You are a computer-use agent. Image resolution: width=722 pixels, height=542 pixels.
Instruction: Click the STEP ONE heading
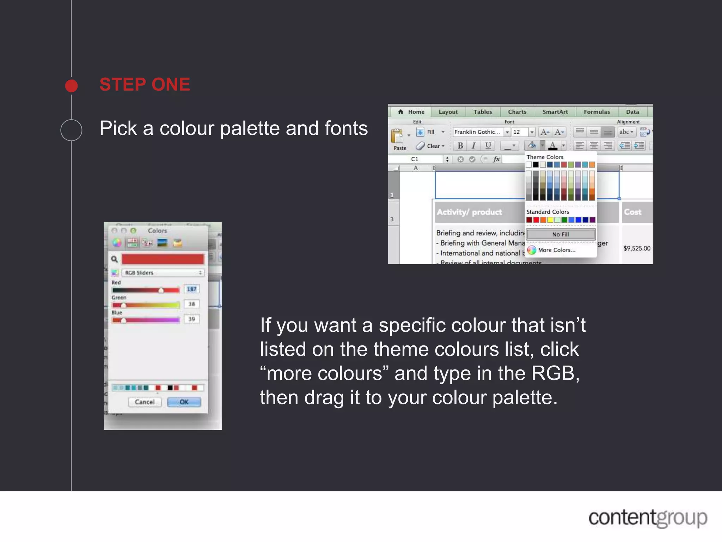point(145,85)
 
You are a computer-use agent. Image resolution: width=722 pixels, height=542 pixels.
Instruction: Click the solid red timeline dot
point(72,86)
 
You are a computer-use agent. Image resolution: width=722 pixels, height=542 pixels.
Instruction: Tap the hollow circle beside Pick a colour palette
point(72,130)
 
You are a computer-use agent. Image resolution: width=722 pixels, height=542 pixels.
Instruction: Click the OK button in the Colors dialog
point(184,402)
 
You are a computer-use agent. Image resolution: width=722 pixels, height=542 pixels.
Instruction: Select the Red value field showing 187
point(191,289)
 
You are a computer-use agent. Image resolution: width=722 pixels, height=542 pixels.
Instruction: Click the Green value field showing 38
point(191,304)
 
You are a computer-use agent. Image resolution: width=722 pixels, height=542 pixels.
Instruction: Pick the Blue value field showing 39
point(191,319)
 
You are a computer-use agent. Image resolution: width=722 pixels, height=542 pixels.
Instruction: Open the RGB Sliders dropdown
point(163,273)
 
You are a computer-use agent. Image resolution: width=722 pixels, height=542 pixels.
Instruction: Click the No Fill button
point(561,234)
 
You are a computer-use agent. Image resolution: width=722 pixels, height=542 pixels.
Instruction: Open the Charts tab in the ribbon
point(517,112)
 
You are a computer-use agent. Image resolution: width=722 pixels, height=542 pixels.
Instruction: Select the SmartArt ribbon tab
point(555,112)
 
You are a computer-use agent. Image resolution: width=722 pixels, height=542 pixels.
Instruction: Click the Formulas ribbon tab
point(596,112)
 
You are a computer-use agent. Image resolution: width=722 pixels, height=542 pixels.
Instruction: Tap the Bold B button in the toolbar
point(460,146)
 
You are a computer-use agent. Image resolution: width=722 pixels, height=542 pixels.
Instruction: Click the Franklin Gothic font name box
point(477,132)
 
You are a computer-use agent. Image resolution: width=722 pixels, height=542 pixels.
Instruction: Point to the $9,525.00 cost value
point(637,248)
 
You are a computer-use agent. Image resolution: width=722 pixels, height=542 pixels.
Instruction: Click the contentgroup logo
point(648,518)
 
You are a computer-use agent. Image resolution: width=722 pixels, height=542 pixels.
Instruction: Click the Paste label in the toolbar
point(400,148)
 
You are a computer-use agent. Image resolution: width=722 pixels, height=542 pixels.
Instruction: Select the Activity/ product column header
point(469,212)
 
